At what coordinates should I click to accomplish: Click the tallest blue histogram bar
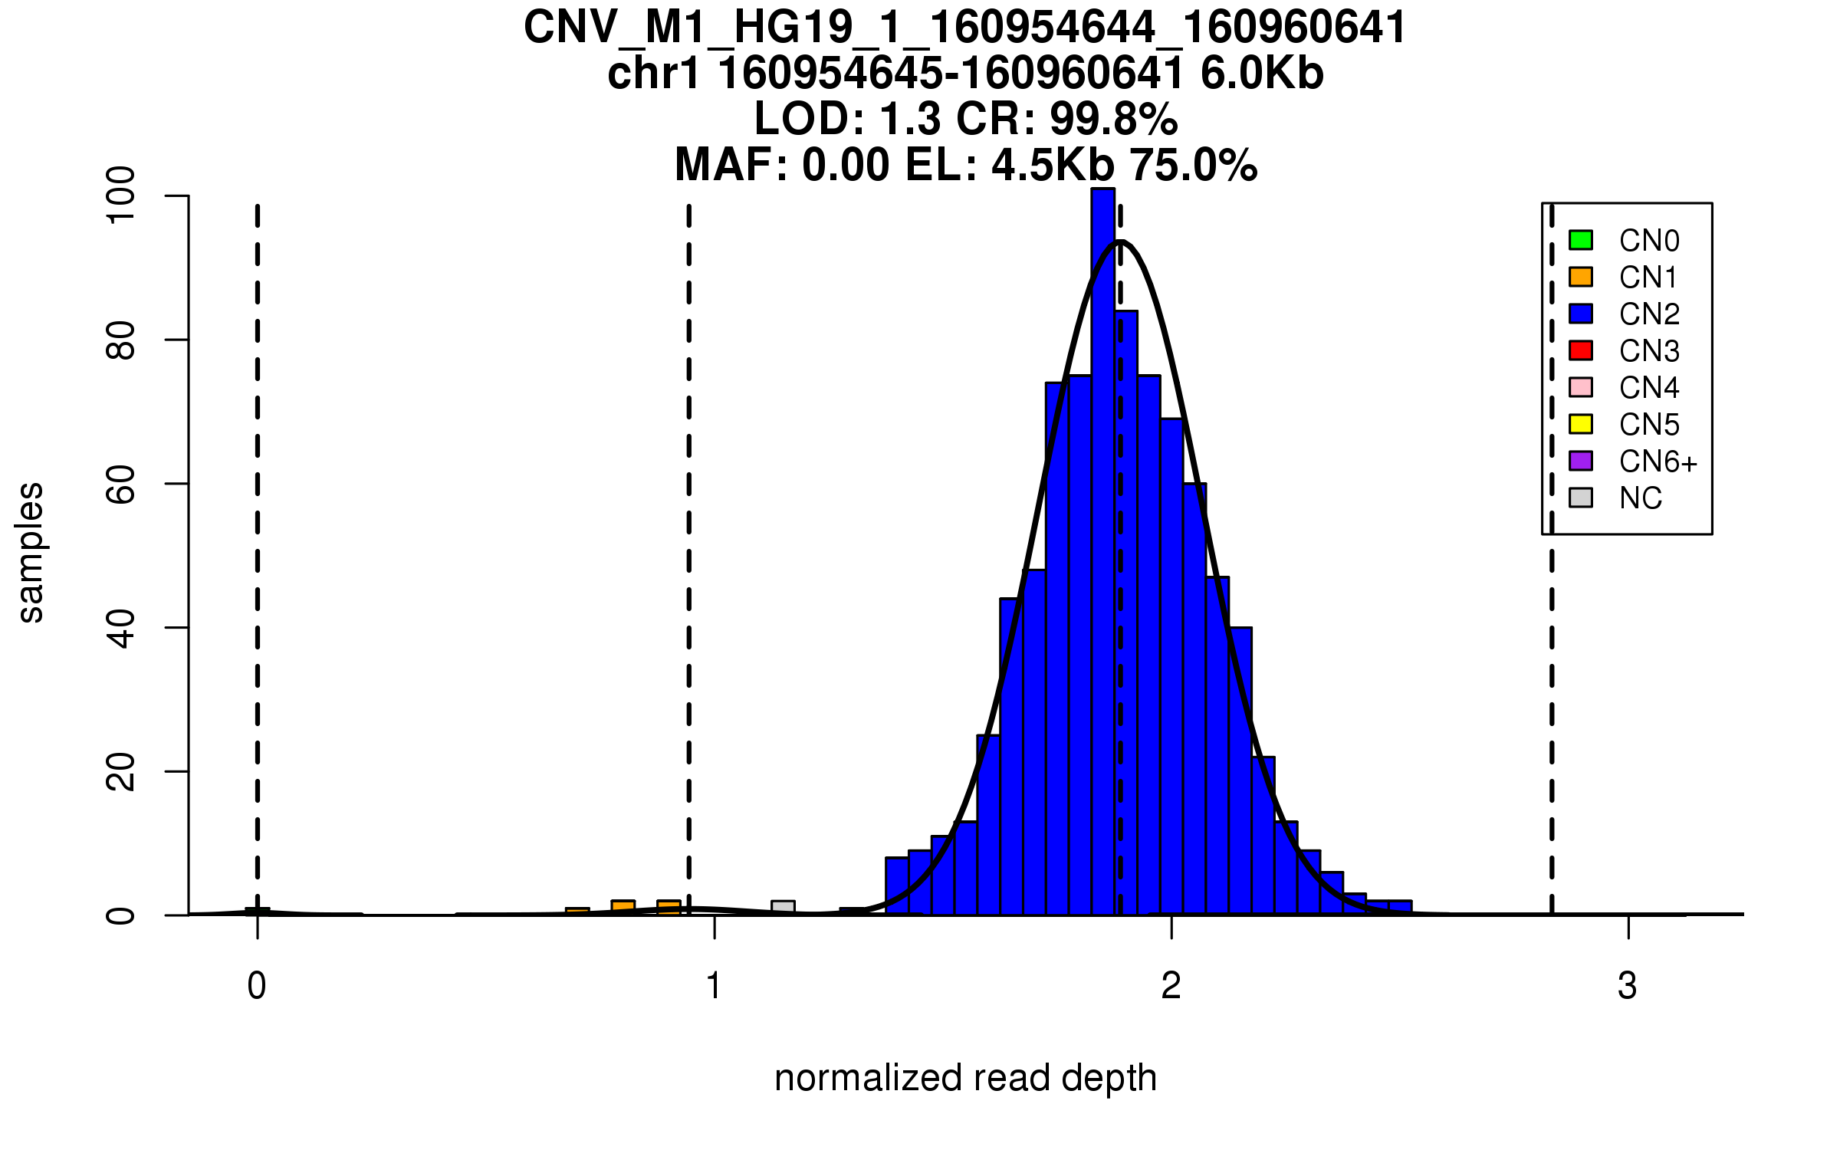pyautogui.click(x=1102, y=552)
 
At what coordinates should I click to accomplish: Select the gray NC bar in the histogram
pyautogui.click(x=783, y=907)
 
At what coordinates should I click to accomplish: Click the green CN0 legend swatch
pyautogui.click(x=1581, y=240)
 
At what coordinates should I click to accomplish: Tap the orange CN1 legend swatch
pyautogui.click(x=1581, y=277)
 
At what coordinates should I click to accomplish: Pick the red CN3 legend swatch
pyautogui.click(x=1581, y=350)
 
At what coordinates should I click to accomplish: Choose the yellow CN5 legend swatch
pyautogui.click(x=1581, y=424)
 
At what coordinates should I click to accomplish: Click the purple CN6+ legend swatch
pyautogui.click(x=1581, y=461)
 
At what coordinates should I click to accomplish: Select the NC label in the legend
pyautogui.click(x=1641, y=498)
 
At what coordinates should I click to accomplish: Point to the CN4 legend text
pyautogui.click(x=1649, y=388)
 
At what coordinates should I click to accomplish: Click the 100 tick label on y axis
pyautogui.click(x=121, y=196)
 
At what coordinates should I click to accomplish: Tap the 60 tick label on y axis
pyautogui.click(x=121, y=484)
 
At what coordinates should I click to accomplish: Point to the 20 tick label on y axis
pyautogui.click(x=121, y=771)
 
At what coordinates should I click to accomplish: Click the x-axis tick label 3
pyautogui.click(x=1628, y=986)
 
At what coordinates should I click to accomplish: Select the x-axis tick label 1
pyautogui.click(x=714, y=986)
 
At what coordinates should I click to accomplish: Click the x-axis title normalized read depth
pyautogui.click(x=965, y=1078)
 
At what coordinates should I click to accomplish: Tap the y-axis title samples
pyautogui.click(x=31, y=553)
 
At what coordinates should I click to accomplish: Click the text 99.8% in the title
pyautogui.click(x=1113, y=119)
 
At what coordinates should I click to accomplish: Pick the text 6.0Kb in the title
pyautogui.click(x=1262, y=74)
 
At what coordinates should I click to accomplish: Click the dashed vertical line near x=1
pyautogui.click(x=689, y=537)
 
